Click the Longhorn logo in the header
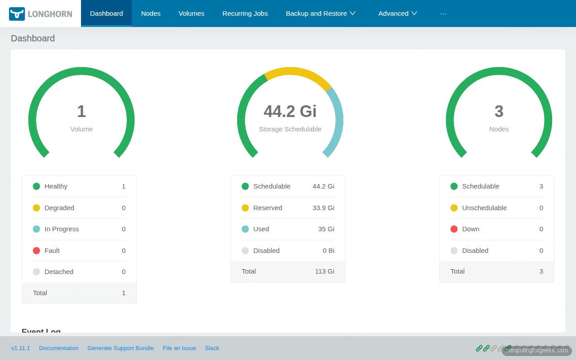point(40,13)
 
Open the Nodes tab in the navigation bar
point(151,13)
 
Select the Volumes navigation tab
point(191,13)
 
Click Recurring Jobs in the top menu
point(245,13)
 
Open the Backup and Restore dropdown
point(320,13)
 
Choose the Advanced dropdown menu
point(398,13)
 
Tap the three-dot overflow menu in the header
point(443,13)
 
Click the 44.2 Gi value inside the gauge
point(290,111)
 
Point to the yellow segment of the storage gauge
point(297,72)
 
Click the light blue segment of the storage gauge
point(337,121)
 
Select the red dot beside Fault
point(36,251)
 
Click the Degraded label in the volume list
point(59,208)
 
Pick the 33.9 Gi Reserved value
point(323,208)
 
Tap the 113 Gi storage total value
point(324,271)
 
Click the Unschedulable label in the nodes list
point(484,208)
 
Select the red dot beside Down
point(454,229)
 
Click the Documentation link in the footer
point(58,348)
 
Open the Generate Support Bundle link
point(120,348)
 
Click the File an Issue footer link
point(179,348)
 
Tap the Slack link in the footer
point(212,348)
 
